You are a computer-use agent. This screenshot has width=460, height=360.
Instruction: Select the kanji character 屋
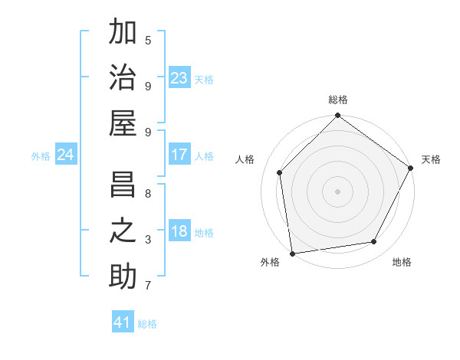(123, 123)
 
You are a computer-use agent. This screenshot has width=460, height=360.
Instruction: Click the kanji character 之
(123, 231)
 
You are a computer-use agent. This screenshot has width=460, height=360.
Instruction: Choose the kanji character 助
(123, 276)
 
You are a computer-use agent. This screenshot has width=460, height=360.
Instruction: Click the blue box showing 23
(179, 78)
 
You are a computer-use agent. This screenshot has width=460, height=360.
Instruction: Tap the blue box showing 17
(179, 155)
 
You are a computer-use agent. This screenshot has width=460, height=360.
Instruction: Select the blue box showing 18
(179, 232)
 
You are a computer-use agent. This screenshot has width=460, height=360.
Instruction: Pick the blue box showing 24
(65, 155)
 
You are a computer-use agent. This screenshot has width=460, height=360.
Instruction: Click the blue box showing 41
(123, 322)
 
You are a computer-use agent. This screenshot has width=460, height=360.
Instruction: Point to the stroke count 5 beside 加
(148, 40)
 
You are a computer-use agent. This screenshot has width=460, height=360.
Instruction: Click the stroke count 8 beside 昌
(148, 194)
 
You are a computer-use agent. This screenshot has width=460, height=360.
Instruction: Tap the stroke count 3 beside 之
(148, 240)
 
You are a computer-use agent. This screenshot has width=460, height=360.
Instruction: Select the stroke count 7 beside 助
(148, 286)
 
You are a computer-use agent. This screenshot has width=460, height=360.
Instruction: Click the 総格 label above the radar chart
(337, 100)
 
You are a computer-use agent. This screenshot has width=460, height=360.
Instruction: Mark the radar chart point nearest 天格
(411, 168)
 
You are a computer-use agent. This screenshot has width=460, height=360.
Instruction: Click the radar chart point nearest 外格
(292, 253)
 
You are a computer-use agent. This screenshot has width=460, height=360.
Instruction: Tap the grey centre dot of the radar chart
(337, 191)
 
